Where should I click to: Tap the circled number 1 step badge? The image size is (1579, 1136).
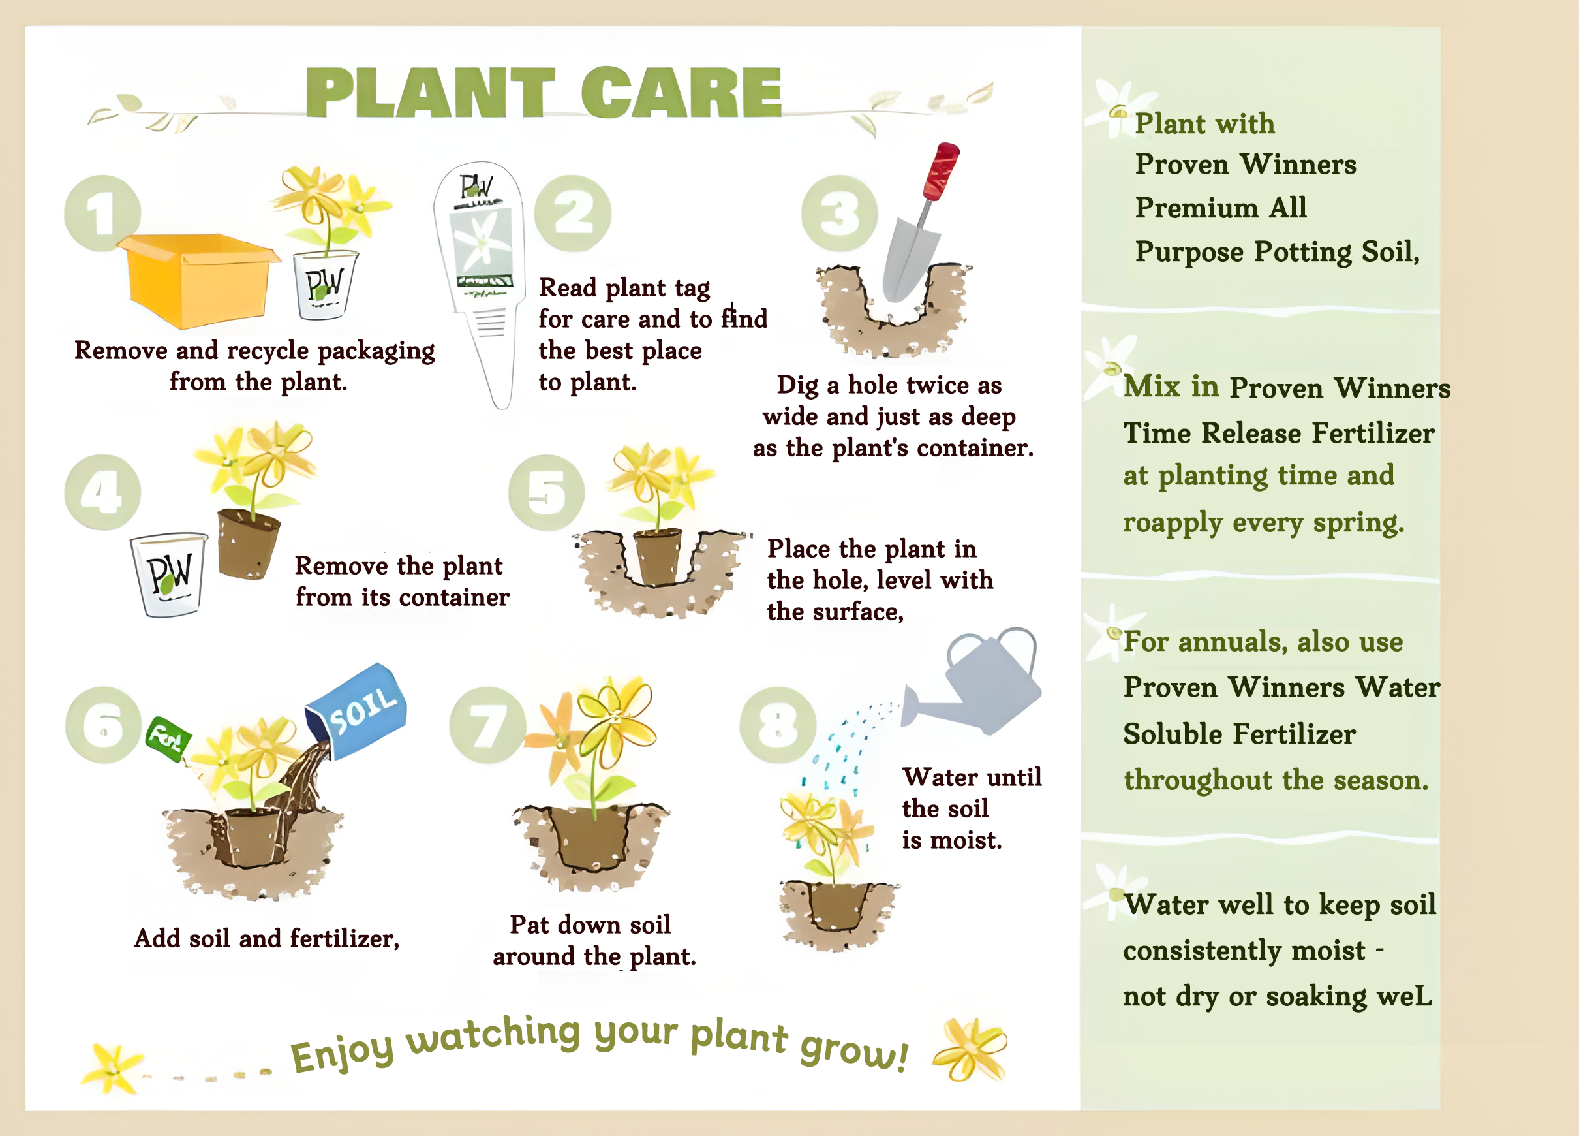coord(102,213)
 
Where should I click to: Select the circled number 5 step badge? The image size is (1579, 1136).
coord(547,492)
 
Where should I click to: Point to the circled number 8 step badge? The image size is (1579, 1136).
coord(778,725)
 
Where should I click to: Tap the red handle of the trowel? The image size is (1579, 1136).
coord(942,170)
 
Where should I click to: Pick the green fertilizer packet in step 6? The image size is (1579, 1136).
coord(168,739)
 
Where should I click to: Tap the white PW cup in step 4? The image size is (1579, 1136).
coord(169,575)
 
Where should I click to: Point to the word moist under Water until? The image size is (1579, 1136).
coord(966,841)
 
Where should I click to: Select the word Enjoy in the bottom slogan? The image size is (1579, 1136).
coord(342,1052)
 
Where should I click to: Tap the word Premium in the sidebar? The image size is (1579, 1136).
coord(1195,208)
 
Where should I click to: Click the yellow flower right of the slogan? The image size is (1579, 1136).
coord(970,1049)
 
